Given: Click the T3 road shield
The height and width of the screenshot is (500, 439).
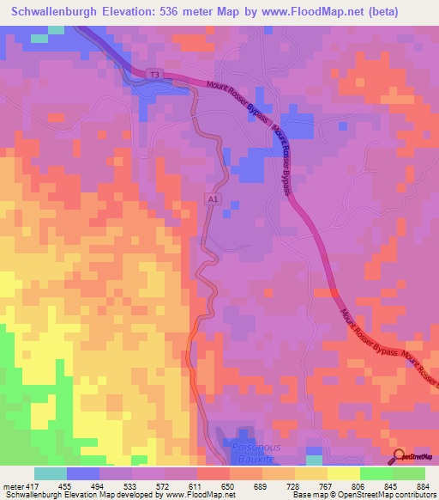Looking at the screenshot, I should click(x=154, y=76).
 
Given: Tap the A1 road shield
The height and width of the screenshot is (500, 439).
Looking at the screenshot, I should click(x=213, y=198).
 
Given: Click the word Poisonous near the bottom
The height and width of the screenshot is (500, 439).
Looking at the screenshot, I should click(x=256, y=448).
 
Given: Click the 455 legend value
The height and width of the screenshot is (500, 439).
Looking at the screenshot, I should click(x=65, y=485).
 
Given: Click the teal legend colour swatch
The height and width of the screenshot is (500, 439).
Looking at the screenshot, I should click(x=50, y=473).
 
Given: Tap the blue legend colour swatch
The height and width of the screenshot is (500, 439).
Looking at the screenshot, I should click(x=82, y=473).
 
